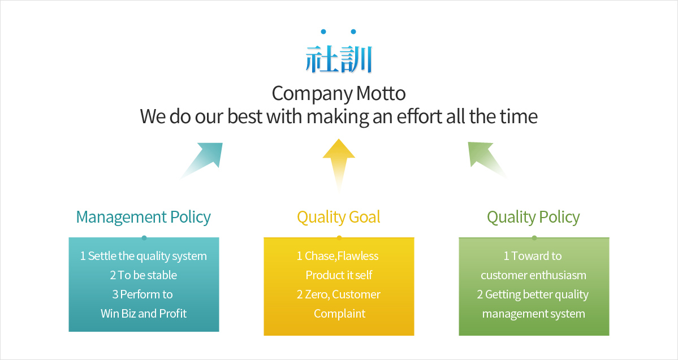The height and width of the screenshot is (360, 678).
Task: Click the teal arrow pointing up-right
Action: coord(202,160)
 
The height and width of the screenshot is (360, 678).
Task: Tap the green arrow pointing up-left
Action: coord(487,159)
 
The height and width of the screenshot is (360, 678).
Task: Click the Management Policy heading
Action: coord(144,217)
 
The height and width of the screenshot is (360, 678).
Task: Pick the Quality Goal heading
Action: coord(339,217)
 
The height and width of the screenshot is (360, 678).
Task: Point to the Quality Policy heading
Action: coord(534,217)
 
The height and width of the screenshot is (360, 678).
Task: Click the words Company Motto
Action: coord(339,94)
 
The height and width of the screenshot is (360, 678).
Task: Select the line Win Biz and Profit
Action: coord(144,313)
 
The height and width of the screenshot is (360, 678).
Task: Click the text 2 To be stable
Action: coord(144,275)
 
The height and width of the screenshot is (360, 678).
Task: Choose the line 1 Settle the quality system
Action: coord(144,256)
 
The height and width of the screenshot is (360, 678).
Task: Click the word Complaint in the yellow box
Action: coord(339,314)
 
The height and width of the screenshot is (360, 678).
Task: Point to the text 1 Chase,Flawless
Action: coord(338,256)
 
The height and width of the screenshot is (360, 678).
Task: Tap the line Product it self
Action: coord(339,275)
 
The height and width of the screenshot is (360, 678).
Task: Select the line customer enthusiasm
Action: coord(534,275)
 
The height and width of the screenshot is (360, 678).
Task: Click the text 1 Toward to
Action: coord(533,256)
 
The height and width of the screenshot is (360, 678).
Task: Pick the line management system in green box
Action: coord(534,314)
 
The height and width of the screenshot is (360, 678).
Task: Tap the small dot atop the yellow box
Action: coord(339,238)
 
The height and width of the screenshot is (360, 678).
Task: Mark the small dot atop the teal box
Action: coord(144,238)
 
